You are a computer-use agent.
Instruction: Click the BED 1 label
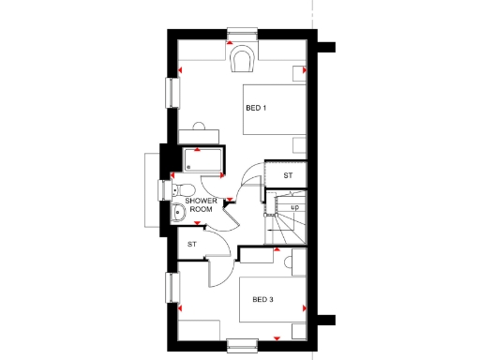pyautogui.click(x=256, y=108)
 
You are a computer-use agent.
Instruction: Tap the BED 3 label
pyautogui.click(x=262, y=300)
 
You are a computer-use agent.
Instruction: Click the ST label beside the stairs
pyautogui.click(x=289, y=175)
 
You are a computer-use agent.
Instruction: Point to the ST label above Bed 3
pyautogui.click(x=191, y=245)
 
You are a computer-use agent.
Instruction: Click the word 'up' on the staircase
pyautogui.click(x=294, y=208)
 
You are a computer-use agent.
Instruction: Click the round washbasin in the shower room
pyautogui.click(x=177, y=212)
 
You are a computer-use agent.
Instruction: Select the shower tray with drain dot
pyautogui.click(x=203, y=160)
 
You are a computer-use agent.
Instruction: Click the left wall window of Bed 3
pyautogui.click(x=172, y=289)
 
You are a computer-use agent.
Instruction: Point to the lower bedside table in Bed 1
pyautogui.click(x=299, y=144)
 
